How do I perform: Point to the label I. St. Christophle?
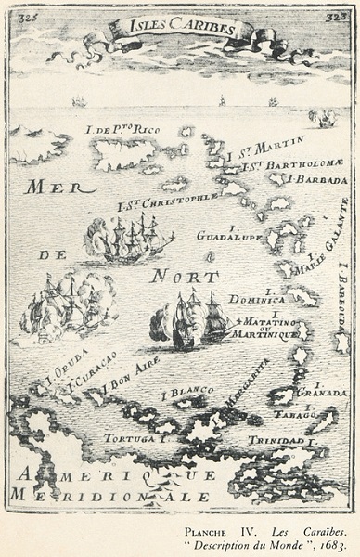[167, 202]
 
